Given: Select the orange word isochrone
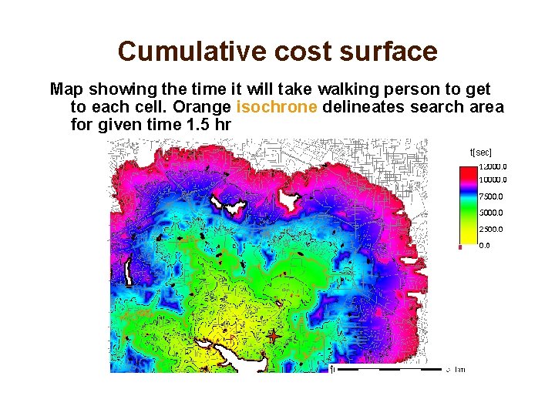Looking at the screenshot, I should (x=277, y=107).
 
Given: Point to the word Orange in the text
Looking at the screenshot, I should (x=207, y=107).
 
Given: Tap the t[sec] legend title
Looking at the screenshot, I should (x=481, y=153).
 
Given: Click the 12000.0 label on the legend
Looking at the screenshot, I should (x=493, y=166).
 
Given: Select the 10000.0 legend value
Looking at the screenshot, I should (x=493, y=180).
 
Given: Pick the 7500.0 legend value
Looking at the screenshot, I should (x=491, y=196).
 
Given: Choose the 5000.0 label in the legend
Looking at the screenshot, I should (x=491, y=213).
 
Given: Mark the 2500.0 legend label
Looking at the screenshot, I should (x=491, y=230).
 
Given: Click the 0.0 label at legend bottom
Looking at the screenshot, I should (x=484, y=246).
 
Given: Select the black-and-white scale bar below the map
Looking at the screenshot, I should (x=389, y=369).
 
